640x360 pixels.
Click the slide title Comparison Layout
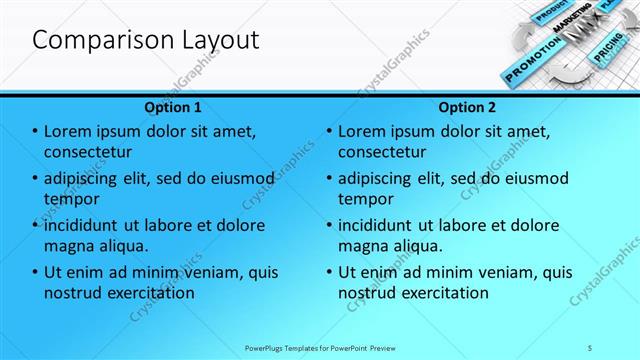pos(146,41)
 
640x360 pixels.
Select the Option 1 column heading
pos(173,107)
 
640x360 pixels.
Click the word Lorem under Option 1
pos(71,132)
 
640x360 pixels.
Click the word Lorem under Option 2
pos(364,132)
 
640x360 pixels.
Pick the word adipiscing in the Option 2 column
pos(381,179)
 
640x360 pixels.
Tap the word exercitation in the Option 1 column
pos(147,293)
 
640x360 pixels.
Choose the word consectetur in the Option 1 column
pos(89,152)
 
